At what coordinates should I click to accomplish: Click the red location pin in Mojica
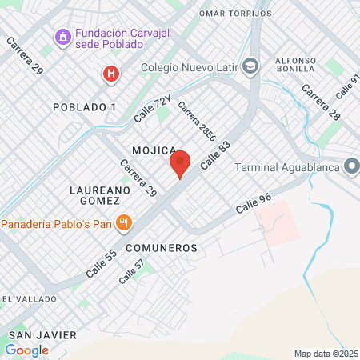[180, 163]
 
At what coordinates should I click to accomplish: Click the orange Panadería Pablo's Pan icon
[122, 222]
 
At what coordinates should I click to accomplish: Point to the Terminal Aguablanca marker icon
[351, 166]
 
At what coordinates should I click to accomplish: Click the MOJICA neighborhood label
[154, 150]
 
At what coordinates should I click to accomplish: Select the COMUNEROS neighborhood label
[161, 248]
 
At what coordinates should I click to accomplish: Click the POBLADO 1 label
[84, 107]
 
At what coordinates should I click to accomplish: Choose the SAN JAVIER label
[42, 334]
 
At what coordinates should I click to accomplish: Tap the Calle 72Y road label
[152, 108]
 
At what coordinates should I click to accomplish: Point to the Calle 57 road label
[132, 272]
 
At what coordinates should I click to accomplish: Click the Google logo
[26, 350]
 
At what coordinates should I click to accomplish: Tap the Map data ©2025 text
[326, 354]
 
